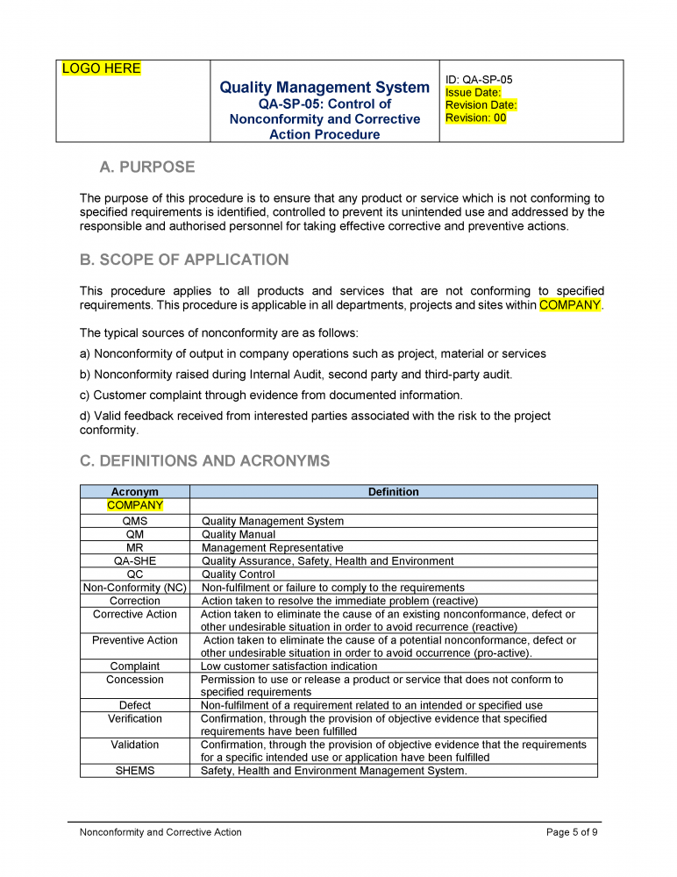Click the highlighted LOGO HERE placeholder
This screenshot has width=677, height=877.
point(101,68)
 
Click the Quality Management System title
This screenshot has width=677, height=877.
point(324,88)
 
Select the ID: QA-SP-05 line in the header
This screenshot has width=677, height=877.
point(479,80)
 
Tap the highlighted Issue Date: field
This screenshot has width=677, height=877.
point(474,92)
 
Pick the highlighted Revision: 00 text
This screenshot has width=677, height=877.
point(476,118)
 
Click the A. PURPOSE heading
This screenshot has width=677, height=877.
point(147,167)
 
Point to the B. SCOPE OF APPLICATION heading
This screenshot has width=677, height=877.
point(184,260)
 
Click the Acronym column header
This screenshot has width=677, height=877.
point(135,492)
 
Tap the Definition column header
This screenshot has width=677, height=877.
point(393,492)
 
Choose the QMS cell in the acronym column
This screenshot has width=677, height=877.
point(135,521)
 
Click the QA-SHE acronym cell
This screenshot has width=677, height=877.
point(135,560)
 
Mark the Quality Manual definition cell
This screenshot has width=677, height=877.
point(239,534)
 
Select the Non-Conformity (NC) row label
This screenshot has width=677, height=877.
point(135,588)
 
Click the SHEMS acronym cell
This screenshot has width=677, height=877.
point(135,771)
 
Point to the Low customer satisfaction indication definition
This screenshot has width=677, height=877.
point(289,667)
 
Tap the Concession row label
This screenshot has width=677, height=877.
point(135,680)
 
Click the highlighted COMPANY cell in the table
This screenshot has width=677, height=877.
point(135,505)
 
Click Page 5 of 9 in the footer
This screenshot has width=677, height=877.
point(572,832)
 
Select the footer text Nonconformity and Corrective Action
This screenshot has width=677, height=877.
point(160,832)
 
